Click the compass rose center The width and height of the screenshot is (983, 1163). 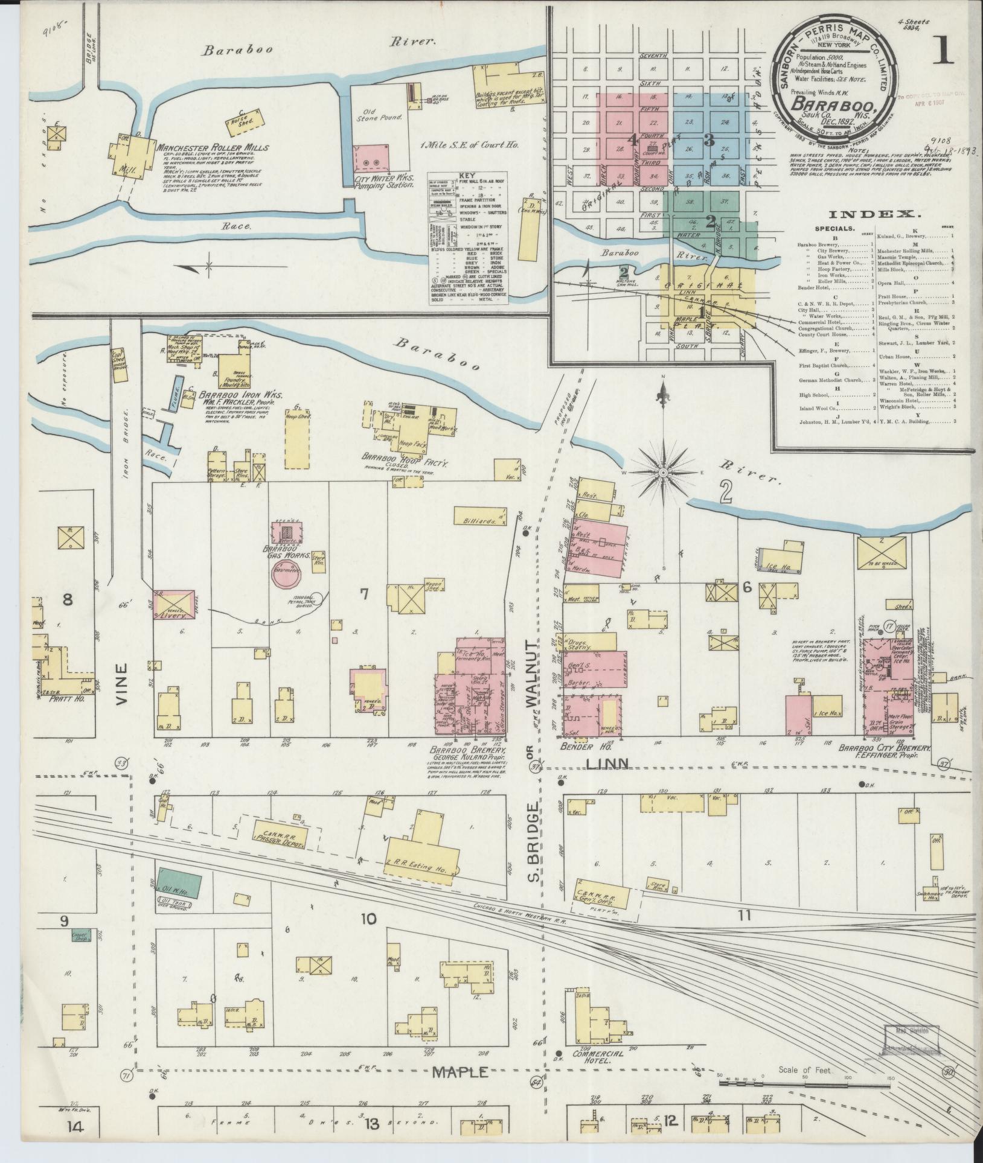663,471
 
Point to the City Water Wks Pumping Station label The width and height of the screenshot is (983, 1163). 382,185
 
